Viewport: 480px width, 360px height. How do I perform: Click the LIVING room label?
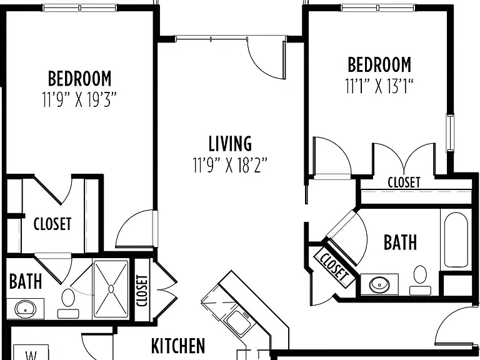click(230, 144)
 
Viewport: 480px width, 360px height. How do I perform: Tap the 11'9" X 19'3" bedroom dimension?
click(79, 99)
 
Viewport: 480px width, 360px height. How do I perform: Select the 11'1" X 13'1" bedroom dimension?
click(379, 86)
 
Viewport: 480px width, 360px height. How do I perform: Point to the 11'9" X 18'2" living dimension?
click(230, 165)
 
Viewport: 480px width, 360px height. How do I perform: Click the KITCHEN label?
click(178, 346)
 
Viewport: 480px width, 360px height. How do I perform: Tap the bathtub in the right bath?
click(456, 240)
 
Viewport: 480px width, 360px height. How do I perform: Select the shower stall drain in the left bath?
click(111, 289)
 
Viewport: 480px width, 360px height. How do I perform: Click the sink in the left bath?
click(25, 309)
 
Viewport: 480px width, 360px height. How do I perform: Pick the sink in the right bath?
click(379, 285)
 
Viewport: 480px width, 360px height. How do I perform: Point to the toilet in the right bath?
click(420, 280)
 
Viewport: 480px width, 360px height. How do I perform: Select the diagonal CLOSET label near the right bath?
click(334, 268)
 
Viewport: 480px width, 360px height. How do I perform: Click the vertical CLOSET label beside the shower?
click(142, 291)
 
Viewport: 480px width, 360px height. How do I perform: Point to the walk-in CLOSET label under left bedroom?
click(52, 224)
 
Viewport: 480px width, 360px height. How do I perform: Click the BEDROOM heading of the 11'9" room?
click(79, 79)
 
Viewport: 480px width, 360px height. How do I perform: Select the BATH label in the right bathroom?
click(400, 242)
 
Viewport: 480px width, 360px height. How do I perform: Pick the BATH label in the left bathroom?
click(26, 281)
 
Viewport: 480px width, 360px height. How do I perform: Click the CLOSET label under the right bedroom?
click(404, 182)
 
